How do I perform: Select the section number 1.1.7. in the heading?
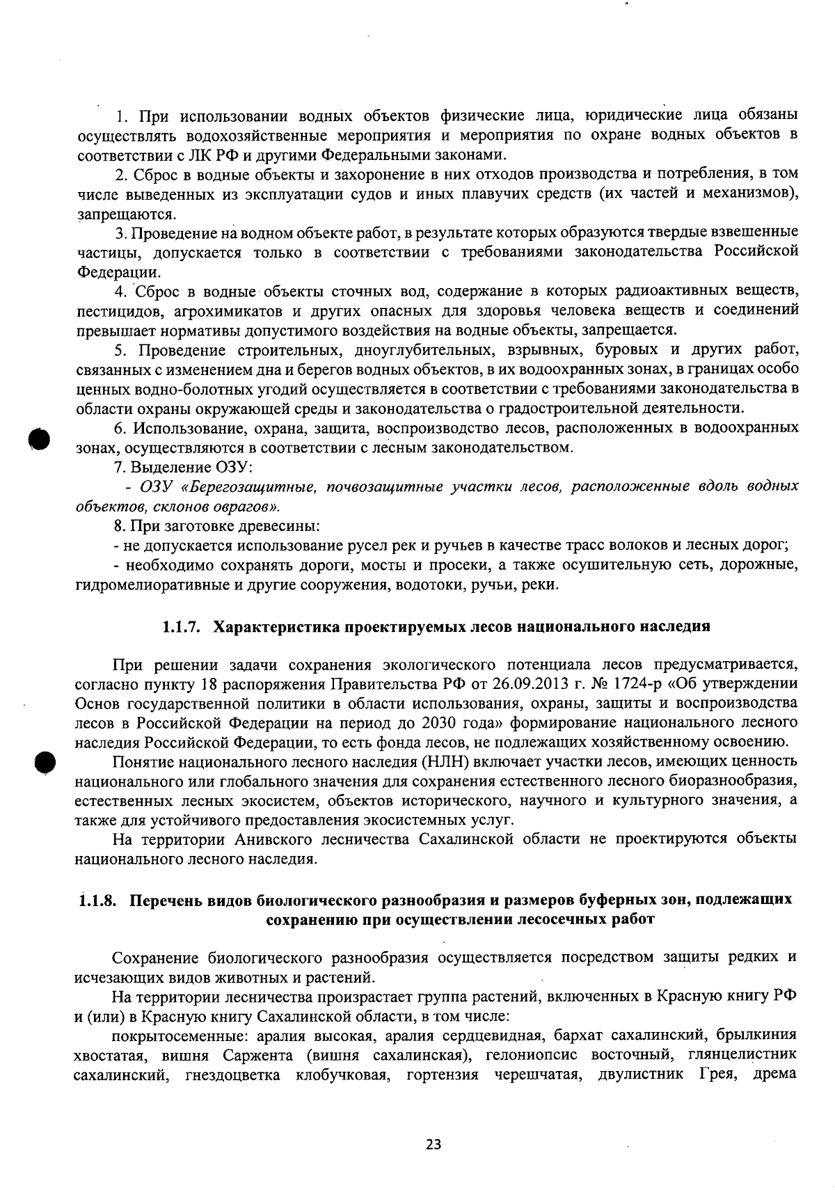click(182, 626)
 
